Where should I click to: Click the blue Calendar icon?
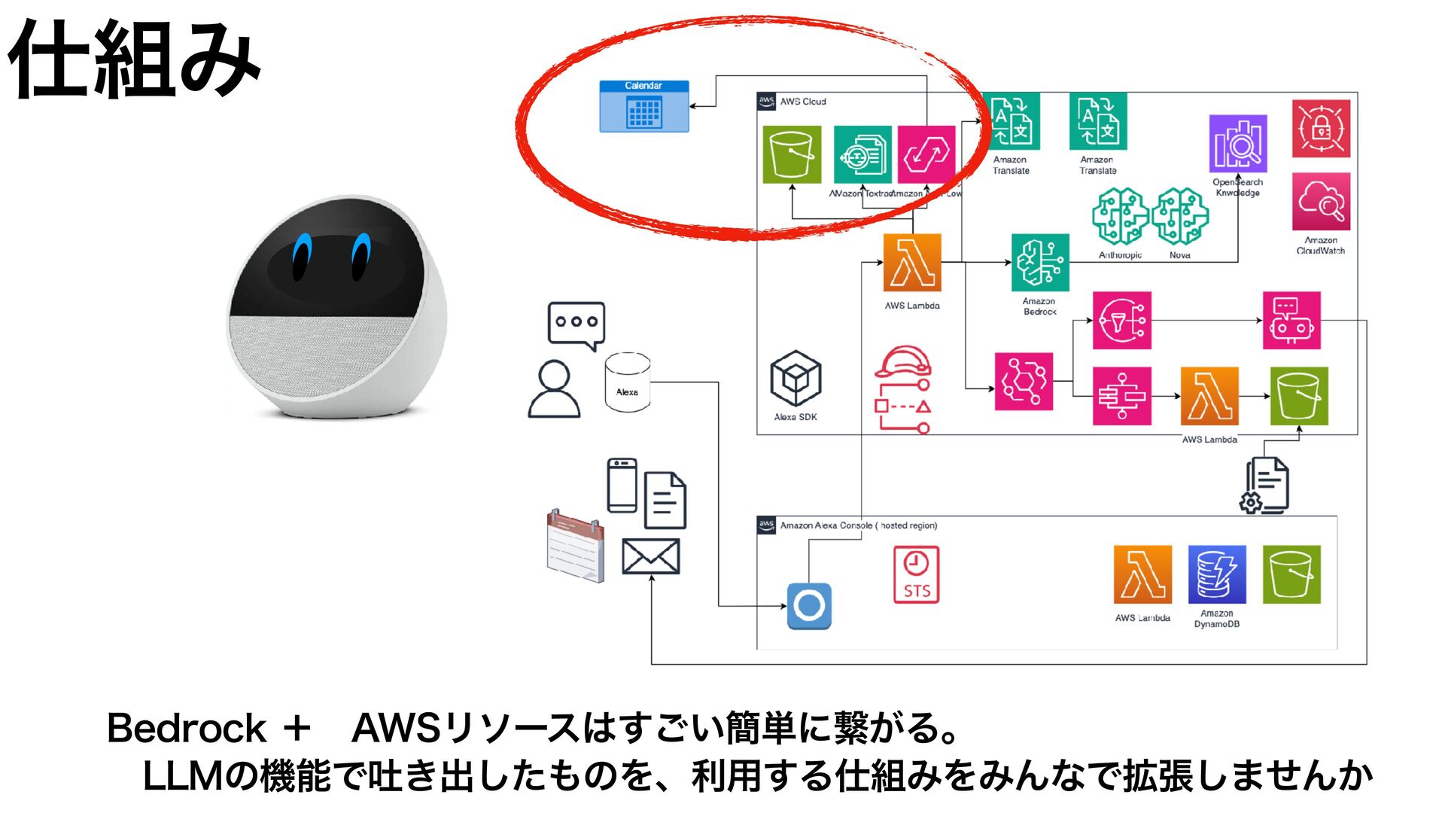coord(643,107)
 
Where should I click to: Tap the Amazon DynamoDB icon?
coord(1217,575)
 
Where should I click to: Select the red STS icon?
coord(916,574)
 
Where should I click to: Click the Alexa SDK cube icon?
coord(796,379)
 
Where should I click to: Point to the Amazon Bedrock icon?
coord(1040,262)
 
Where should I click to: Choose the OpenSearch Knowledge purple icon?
coord(1238,144)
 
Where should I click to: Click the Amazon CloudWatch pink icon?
coord(1321,202)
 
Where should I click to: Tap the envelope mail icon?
coord(651,556)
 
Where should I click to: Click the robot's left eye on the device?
coord(303,256)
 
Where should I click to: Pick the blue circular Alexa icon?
coord(809,606)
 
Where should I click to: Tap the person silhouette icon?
coord(555,389)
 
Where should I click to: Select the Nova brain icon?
coord(1180,217)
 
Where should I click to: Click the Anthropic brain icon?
coord(1121,217)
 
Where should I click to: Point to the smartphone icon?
coord(622,486)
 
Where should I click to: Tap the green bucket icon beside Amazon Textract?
coord(792,154)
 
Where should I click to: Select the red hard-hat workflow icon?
coord(903,389)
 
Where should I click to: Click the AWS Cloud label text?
coord(803,102)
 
